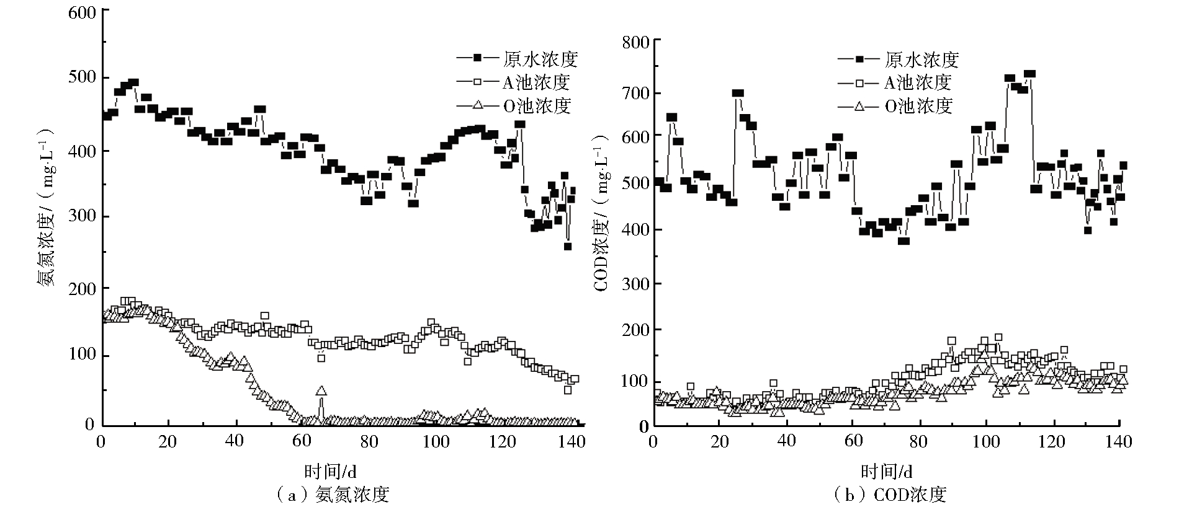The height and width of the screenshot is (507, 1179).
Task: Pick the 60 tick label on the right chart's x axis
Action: click(x=853, y=442)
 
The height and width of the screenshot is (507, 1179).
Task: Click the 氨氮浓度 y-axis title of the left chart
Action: click(x=47, y=208)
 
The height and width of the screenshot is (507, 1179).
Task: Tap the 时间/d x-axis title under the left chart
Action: click(x=331, y=472)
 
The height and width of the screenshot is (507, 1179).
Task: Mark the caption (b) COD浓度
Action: click(x=890, y=495)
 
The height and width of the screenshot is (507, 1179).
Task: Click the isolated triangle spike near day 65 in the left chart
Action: click(x=321, y=391)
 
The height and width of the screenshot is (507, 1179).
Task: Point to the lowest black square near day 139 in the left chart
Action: click(x=567, y=247)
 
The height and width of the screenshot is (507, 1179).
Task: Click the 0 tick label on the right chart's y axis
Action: click(x=643, y=427)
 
